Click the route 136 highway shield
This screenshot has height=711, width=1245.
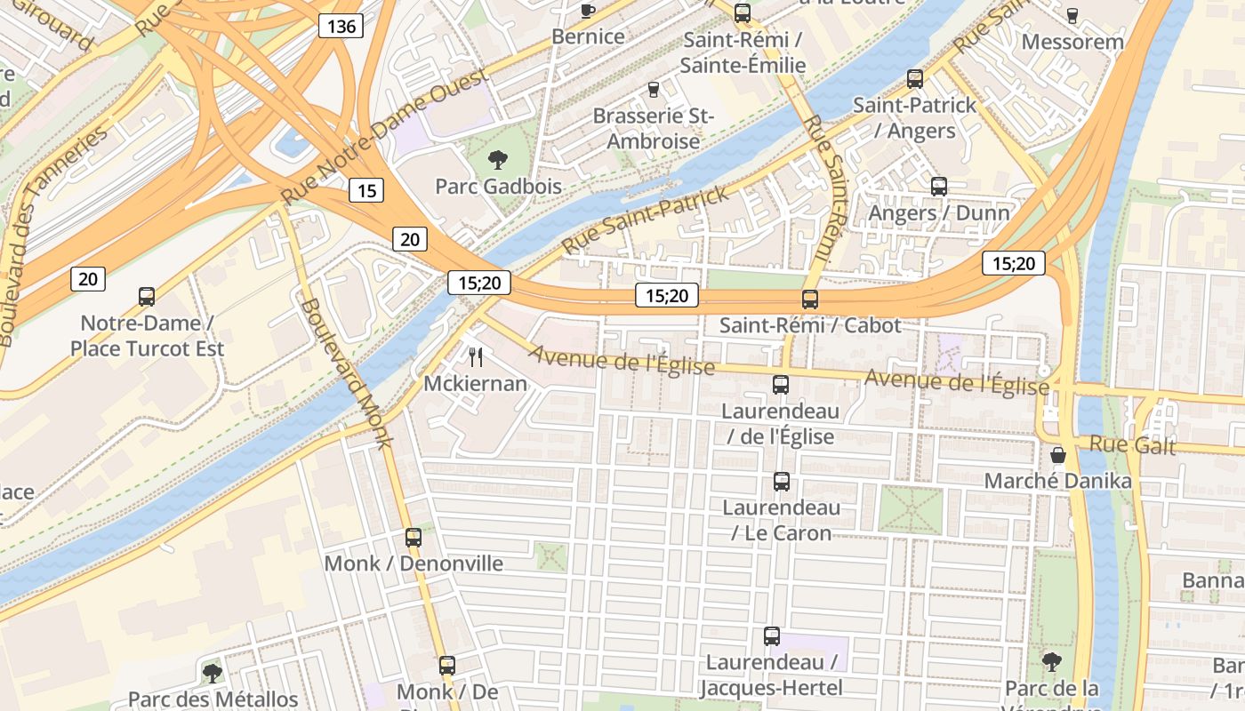(x=341, y=26)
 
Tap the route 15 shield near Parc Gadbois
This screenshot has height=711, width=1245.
(x=366, y=189)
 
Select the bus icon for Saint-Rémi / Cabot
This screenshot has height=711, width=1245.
(x=809, y=300)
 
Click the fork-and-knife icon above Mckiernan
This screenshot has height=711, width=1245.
(x=476, y=357)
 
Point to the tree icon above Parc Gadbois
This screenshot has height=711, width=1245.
(x=498, y=160)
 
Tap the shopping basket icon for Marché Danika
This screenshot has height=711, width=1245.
(x=1058, y=455)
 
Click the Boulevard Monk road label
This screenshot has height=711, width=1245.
(x=347, y=373)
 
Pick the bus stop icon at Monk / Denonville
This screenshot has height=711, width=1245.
(x=414, y=537)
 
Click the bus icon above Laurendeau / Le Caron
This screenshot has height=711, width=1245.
(x=781, y=482)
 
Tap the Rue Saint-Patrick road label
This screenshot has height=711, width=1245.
(x=646, y=219)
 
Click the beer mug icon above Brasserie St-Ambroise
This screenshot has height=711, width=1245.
(x=654, y=89)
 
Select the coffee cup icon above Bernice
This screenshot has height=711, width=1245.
(x=587, y=11)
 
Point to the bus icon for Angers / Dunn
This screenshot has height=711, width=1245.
(x=938, y=187)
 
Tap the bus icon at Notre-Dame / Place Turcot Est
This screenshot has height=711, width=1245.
(x=147, y=297)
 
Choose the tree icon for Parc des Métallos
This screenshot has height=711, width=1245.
(x=212, y=673)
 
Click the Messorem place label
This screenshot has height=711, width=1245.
(x=1072, y=42)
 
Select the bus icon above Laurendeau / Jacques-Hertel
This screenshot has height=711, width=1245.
(x=771, y=636)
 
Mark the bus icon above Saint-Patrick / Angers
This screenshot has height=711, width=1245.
(x=914, y=78)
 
